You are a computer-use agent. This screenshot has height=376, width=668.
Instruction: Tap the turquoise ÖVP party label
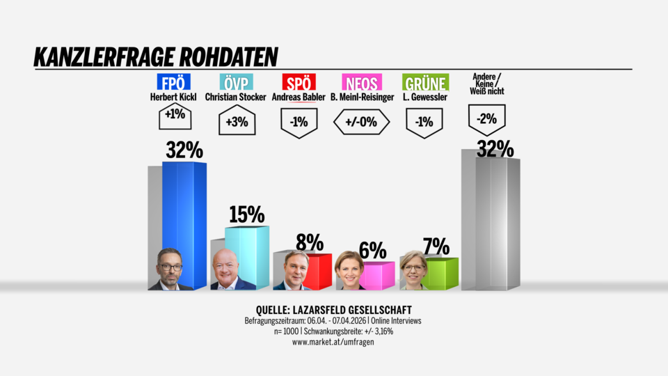(236, 83)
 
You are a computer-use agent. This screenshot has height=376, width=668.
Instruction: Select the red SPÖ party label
(299, 83)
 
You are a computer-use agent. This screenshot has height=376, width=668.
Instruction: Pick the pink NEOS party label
(361, 83)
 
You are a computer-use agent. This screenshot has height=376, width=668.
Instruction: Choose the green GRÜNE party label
(426, 83)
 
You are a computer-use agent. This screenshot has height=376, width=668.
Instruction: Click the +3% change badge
(236, 121)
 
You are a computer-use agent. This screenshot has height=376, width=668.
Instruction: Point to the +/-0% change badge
(361, 121)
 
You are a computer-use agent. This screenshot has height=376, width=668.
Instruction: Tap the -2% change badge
(486, 119)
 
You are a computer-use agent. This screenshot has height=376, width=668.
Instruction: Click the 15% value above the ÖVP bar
(246, 215)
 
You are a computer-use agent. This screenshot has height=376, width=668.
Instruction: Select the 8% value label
(310, 242)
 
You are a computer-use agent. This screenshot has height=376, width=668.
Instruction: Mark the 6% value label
(372, 249)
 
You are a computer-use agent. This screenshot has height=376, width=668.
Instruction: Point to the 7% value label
(436, 246)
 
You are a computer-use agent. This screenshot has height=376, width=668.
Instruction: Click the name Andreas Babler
(299, 97)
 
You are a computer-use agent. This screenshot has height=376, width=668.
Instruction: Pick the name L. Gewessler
(426, 97)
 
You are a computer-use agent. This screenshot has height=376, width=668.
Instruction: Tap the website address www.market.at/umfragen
(334, 342)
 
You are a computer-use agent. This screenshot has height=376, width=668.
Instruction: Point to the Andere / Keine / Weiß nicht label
(487, 84)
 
